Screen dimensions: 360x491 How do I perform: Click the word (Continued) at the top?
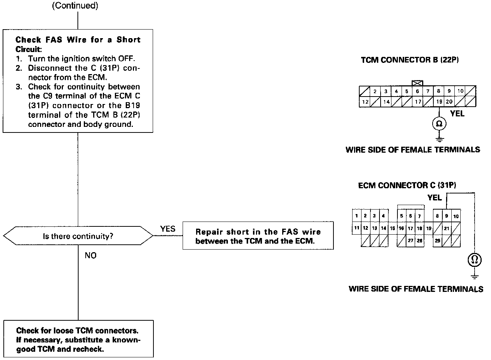click(x=75, y=6)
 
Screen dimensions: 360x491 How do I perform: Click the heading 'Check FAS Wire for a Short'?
click(x=78, y=40)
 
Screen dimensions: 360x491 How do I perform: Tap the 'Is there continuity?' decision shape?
click(x=78, y=236)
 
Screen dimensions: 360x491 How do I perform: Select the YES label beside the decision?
click(x=168, y=229)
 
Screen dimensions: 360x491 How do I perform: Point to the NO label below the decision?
click(x=90, y=255)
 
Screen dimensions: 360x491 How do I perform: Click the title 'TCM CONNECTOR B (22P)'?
click(x=409, y=60)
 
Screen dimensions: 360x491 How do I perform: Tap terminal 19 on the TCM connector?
click(x=439, y=101)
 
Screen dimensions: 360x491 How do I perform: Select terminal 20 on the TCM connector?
click(x=449, y=101)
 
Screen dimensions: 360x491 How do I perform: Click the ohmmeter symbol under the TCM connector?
click(x=439, y=124)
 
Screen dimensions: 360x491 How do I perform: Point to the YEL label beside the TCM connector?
click(x=457, y=114)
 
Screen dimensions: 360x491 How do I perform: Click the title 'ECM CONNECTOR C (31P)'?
click(x=407, y=185)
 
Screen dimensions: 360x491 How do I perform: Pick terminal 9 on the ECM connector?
click(x=446, y=216)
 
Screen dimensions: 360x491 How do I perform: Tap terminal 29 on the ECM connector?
click(x=437, y=241)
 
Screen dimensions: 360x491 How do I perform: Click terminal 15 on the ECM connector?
click(x=392, y=228)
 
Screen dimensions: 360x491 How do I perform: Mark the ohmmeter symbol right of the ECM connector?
click(x=475, y=260)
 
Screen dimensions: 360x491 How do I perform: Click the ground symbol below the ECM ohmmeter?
click(x=475, y=277)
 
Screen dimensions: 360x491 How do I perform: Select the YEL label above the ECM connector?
click(x=434, y=198)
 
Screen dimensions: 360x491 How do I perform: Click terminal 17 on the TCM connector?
click(x=418, y=101)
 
